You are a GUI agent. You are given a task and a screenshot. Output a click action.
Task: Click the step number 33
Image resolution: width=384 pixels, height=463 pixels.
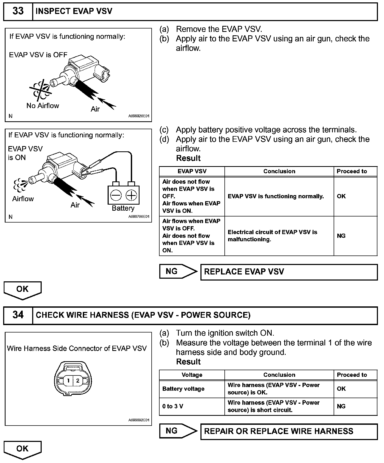point(18,11)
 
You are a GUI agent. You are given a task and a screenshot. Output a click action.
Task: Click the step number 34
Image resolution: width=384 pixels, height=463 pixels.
point(18,315)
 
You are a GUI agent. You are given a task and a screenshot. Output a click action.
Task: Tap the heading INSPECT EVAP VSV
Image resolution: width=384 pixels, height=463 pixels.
point(74,11)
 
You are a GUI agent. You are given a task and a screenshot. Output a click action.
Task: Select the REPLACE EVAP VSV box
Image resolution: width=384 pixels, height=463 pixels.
point(289,272)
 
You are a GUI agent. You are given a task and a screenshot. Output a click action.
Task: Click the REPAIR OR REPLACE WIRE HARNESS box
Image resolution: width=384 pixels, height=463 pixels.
point(289,431)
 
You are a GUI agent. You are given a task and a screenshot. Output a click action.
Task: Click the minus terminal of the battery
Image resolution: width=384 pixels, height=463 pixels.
point(116,195)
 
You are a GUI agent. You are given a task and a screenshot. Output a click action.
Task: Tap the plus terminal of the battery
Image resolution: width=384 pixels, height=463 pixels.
point(131,195)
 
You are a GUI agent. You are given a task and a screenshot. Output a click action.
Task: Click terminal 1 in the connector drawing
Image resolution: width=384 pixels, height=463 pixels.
point(68,380)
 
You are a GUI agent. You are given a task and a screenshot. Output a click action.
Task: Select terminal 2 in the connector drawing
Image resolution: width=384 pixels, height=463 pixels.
point(78,380)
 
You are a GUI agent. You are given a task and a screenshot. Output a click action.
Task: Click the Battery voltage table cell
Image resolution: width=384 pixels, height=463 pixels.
point(192,389)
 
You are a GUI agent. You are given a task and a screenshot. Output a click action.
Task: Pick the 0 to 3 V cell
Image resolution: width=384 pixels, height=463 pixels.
point(192,406)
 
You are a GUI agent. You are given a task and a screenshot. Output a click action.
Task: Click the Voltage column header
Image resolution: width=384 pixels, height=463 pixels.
point(192,375)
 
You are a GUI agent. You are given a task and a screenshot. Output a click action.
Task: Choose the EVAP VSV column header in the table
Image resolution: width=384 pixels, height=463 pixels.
point(192,171)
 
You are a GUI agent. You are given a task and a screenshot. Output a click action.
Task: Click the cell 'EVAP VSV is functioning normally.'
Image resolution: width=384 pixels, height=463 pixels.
point(279,196)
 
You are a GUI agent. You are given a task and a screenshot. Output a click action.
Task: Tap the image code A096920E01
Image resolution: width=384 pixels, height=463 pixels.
point(139,116)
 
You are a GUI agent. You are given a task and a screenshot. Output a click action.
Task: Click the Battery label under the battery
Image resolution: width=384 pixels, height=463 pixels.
point(123,208)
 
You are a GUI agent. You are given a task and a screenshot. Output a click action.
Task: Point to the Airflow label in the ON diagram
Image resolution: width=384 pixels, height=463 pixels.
point(23,199)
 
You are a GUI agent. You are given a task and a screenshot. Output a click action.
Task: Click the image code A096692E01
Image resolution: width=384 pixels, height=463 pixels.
point(139,420)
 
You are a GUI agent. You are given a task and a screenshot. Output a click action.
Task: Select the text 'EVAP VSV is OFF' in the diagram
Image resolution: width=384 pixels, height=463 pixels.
point(38,55)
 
